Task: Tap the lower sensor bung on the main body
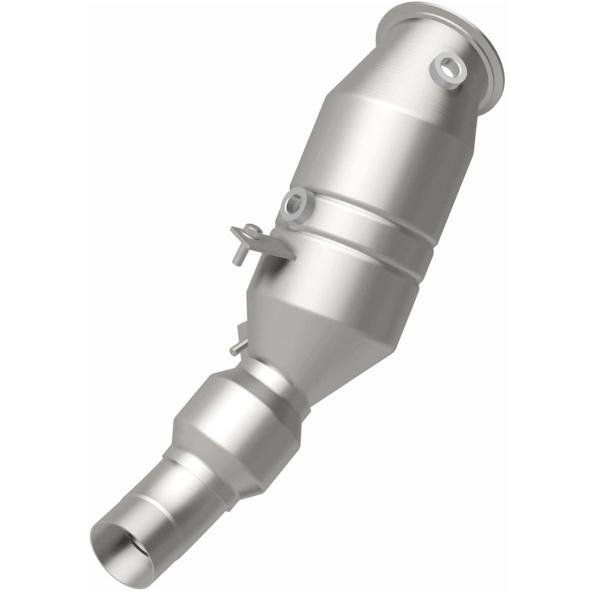click(294, 203)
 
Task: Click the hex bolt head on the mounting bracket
click(252, 231)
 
